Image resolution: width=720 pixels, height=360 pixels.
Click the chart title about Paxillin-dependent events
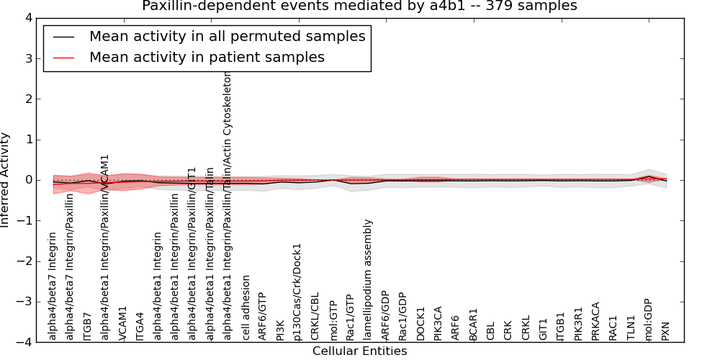point(359,6)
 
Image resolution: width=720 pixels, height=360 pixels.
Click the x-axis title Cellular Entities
point(359,351)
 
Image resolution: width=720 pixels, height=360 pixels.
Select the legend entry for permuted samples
point(227,37)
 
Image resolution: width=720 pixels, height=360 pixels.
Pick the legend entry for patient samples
point(207,57)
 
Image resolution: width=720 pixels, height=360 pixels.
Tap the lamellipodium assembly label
point(368,279)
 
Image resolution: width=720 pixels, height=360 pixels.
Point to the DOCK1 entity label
point(421,323)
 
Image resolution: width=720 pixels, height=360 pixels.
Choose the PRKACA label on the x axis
point(595,320)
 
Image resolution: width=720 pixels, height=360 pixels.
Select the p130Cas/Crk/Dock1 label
point(297,292)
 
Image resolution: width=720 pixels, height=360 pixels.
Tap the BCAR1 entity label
point(473,324)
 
